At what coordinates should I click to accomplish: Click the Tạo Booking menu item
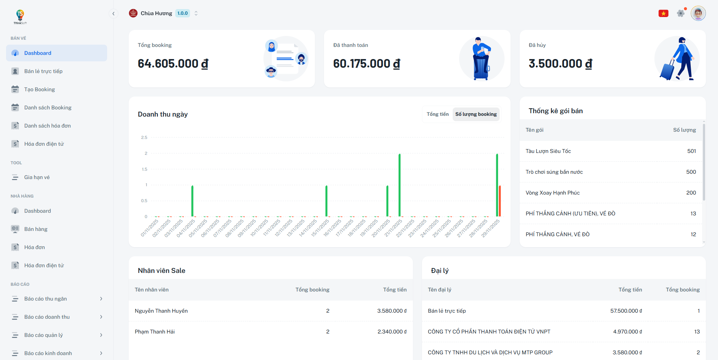pos(39,89)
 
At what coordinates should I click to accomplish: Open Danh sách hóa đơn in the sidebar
pos(47,126)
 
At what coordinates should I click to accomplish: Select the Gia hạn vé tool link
pos(37,177)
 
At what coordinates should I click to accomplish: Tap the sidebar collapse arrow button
pos(113,14)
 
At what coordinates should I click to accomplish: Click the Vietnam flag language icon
pos(663,14)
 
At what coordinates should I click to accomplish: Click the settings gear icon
pos(681,13)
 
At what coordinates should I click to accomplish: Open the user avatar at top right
pos(698,13)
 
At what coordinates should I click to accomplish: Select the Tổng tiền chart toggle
pos(438,114)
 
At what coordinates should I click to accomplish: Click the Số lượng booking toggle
pos(476,114)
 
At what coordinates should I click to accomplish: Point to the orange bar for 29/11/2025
pos(500,201)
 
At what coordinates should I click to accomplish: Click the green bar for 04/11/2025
pos(192,201)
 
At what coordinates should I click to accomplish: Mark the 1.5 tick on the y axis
pos(145,169)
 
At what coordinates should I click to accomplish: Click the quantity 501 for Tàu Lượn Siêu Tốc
pos(692,151)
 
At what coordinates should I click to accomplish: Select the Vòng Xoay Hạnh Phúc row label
pos(552,193)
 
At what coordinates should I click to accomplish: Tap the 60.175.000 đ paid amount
pos(366,64)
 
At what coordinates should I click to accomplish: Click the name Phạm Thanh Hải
pos(154,332)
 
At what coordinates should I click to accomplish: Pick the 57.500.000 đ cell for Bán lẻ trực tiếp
pos(626,311)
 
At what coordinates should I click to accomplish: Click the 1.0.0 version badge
pos(182,13)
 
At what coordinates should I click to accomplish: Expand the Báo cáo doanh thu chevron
pos(101,317)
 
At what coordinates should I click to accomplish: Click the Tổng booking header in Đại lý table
pos(682,290)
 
